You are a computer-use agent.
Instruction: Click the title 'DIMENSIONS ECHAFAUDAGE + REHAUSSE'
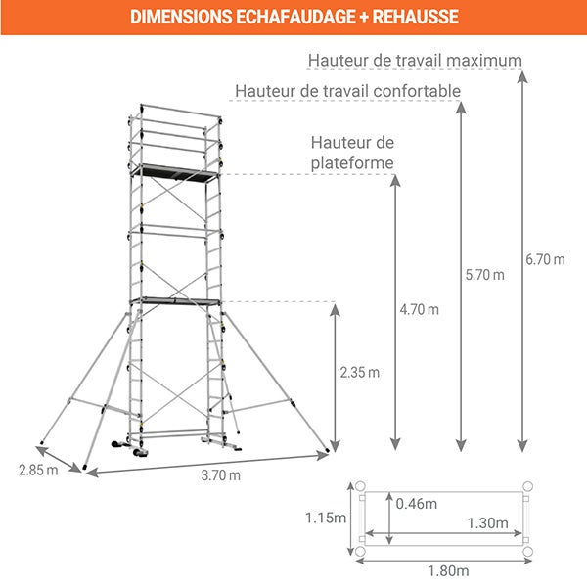coord(293,17)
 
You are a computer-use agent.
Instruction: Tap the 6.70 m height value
coord(545,259)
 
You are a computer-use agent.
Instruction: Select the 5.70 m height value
coord(484,275)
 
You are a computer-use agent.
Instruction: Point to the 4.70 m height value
coord(420,309)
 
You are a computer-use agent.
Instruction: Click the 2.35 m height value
coord(359,372)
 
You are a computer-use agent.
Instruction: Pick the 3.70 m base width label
coord(221,475)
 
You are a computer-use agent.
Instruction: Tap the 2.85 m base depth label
coord(38,470)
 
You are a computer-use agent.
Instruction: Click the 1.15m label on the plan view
coord(326,518)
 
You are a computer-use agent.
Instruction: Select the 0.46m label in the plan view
coord(417,504)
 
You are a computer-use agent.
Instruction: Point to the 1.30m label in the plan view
coord(486,522)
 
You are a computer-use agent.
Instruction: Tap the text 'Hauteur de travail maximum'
coord(415,60)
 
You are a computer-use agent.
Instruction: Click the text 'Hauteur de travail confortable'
coord(347,91)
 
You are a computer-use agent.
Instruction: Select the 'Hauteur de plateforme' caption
coord(352,153)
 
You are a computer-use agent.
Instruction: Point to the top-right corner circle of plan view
coord(527,486)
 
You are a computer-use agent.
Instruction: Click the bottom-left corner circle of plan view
coord(360,552)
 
